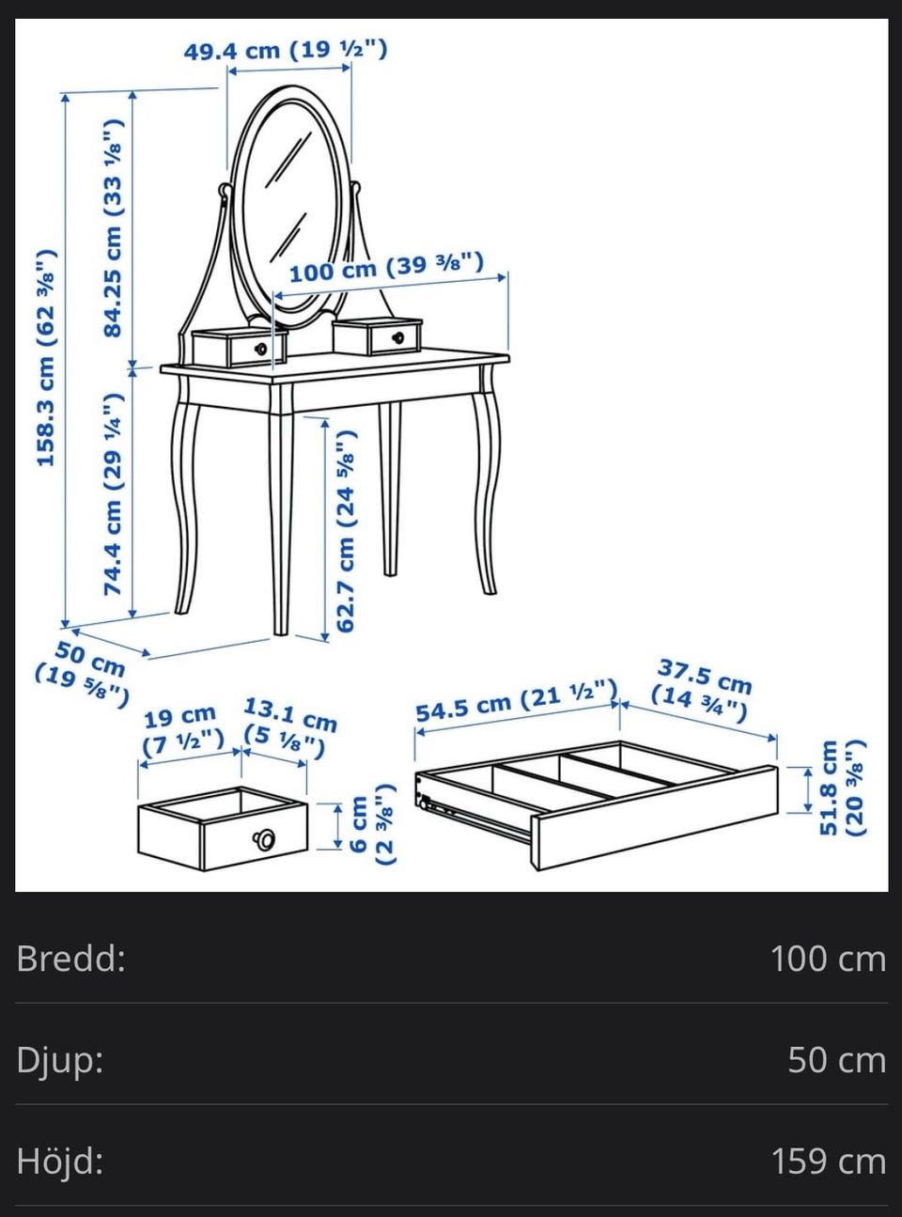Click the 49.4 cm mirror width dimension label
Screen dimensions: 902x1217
(x=286, y=51)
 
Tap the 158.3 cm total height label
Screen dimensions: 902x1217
(x=45, y=358)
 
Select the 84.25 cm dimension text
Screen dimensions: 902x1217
(x=115, y=227)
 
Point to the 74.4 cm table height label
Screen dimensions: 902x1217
(x=113, y=492)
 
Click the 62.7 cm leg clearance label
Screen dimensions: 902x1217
(x=346, y=531)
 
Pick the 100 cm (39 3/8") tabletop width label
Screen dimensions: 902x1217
(x=386, y=267)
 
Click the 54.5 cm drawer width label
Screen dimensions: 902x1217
(x=516, y=701)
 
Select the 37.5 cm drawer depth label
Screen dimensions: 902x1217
(x=701, y=691)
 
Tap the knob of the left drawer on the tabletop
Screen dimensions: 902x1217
(x=261, y=349)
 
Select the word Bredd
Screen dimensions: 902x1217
(x=71, y=958)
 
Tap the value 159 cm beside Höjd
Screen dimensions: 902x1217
(x=829, y=1161)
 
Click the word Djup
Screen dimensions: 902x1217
(x=60, y=1061)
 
